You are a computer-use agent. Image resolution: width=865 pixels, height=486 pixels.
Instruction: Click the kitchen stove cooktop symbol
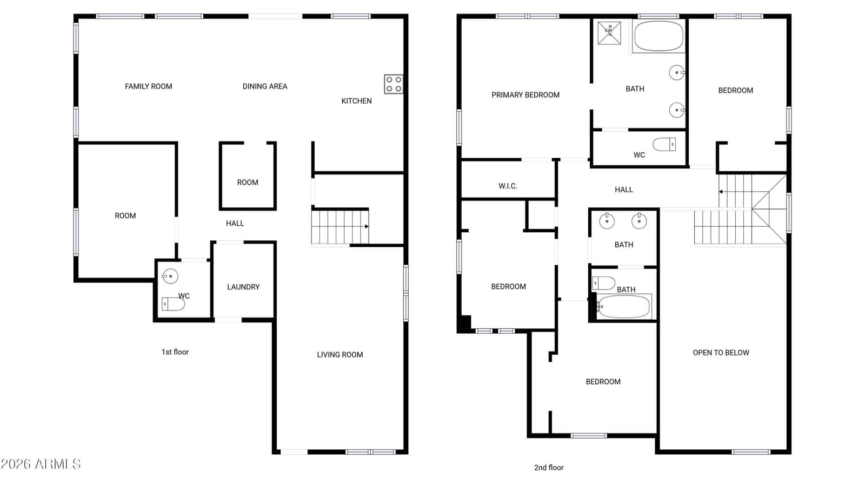[394, 84]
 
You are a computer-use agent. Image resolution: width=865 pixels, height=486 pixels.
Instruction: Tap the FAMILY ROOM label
[148, 86]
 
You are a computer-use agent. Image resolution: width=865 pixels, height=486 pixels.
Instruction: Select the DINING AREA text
[265, 86]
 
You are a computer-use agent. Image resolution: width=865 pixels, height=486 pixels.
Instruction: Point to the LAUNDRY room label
[243, 287]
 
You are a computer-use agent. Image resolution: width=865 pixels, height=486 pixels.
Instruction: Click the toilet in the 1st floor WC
[173, 304]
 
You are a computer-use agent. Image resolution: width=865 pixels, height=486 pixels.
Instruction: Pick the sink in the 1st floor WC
[170, 276]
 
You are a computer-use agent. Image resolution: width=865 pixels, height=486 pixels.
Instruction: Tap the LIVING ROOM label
[340, 355]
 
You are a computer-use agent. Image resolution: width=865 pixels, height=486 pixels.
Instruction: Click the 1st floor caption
[175, 352]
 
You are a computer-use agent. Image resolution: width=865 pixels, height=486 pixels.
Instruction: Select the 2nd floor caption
[549, 468]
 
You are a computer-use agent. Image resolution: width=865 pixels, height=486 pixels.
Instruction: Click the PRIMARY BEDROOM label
[525, 95]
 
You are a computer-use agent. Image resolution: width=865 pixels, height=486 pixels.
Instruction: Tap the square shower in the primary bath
[609, 33]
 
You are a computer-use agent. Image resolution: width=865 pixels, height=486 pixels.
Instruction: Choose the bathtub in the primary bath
[659, 36]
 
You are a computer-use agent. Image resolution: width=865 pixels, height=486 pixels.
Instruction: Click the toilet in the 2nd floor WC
[664, 145]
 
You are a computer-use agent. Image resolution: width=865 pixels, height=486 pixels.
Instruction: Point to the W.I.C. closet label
[508, 186]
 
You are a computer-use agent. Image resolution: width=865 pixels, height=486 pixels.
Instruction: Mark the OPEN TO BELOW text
[721, 353]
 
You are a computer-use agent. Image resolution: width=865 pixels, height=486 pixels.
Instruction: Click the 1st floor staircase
[340, 227]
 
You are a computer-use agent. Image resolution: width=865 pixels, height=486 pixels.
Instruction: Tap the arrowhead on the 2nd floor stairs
[721, 192]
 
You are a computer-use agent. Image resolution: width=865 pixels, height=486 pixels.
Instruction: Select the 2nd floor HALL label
[624, 190]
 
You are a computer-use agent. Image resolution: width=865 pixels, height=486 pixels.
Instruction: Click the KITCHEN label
[356, 101]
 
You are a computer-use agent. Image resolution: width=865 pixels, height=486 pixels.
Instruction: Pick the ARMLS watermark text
[41, 464]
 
